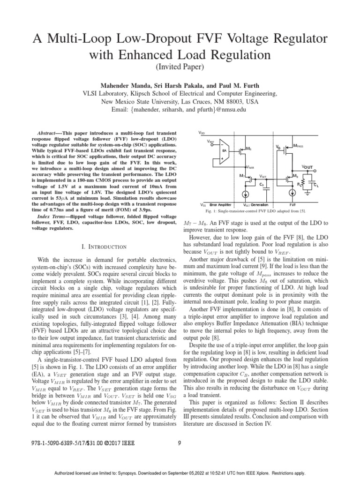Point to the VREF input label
[212, 141]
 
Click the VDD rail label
[202, 133]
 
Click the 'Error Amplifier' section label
[221, 205]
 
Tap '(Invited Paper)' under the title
[180, 67]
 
